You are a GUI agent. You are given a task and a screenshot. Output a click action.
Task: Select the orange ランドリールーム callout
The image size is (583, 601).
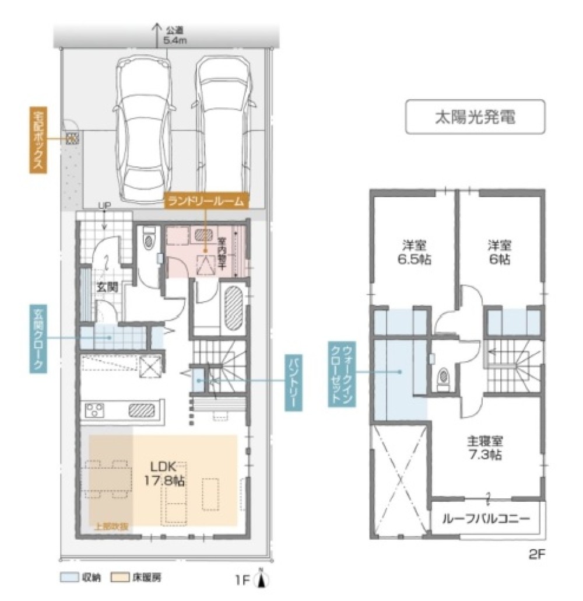(x=207, y=201)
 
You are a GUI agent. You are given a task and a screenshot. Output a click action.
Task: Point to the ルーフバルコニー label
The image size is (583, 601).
(x=486, y=519)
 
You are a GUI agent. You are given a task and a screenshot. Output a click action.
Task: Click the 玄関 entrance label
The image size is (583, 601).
(x=107, y=286)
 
